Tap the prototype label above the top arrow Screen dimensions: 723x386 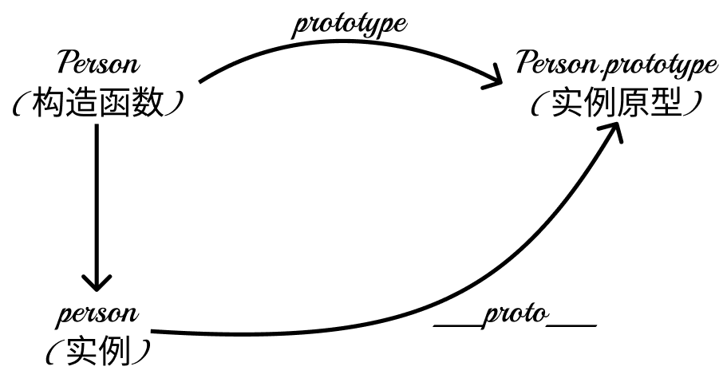click(x=349, y=24)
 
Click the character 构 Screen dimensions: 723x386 click(x=47, y=103)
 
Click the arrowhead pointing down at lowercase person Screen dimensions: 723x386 click(x=97, y=283)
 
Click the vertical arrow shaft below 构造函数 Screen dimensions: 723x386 click(x=97, y=199)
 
